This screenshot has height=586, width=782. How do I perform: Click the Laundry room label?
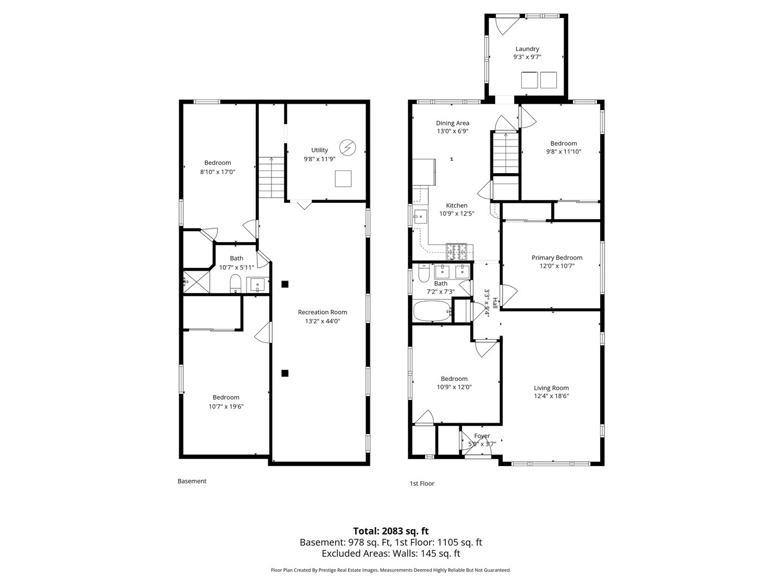[527, 49]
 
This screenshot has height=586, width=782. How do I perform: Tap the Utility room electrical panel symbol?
[348, 148]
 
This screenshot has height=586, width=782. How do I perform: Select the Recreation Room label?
[323, 312]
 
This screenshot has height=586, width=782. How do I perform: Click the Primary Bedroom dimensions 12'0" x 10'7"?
[557, 266]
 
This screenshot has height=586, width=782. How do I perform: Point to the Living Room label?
[551, 388]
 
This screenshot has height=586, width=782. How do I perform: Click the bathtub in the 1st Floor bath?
[432, 311]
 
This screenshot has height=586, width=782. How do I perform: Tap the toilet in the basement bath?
[236, 284]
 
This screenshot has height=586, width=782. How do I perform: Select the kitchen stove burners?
[456, 252]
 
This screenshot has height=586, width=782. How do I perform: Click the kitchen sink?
[421, 215]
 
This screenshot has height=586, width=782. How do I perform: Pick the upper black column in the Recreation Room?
[285, 284]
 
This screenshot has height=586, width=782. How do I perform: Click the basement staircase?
[272, 177]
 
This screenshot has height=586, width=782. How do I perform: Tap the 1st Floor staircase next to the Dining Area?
[506, 153]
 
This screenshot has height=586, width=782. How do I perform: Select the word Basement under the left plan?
[192, 481]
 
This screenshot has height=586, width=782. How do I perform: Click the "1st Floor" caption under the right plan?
[422, 483]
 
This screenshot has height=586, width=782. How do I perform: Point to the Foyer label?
[482, 436]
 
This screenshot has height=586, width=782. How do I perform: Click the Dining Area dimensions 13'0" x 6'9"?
[452, 131]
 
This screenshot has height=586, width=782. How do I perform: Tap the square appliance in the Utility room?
[343, 179]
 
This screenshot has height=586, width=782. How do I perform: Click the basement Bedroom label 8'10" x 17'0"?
[218, 167]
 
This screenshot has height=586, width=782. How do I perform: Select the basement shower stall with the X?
[196, 282]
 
